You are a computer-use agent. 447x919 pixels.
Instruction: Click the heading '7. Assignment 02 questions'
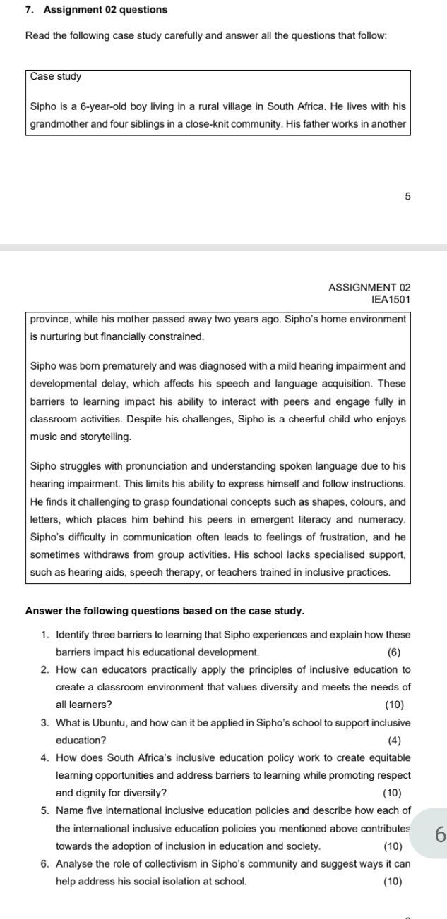click(96, 10)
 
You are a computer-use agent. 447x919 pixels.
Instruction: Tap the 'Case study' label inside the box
click(56, 76)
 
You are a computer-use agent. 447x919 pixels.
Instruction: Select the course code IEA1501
click(391, 300)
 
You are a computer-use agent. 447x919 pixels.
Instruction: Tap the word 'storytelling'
click(105, 437)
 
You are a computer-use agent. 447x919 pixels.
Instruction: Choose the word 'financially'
click(109, 336)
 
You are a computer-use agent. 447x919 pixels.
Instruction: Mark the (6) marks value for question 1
click(394, 652)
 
